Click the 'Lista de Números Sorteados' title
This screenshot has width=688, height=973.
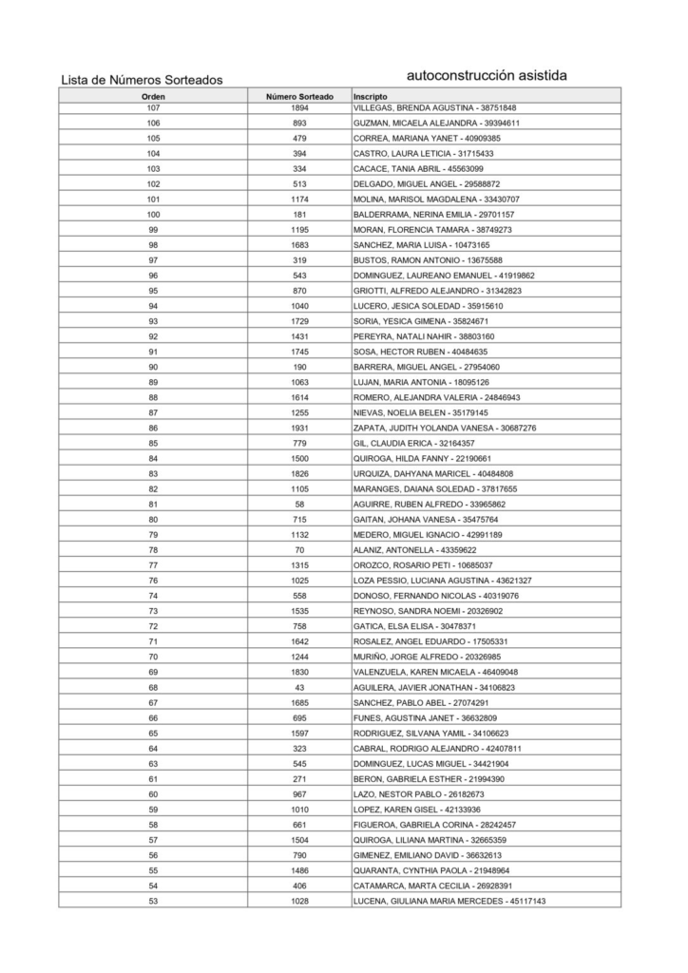click(x=142, y=80)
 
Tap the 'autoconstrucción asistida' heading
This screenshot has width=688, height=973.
click(x=487, y=74)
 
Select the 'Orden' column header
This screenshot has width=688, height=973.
click(x=153, y=97)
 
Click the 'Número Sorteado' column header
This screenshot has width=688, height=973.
click(x=299, y=97)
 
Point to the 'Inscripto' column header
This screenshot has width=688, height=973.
click(x=370, y=97)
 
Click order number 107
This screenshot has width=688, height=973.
click(x=153, y=107)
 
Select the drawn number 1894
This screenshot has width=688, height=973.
click(x=299, y=107)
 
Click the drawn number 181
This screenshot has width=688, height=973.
click(x=299, y=215)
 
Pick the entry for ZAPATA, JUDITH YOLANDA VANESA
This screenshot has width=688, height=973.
click(x=444, y=429)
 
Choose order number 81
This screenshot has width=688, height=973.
click(x=153, y=505)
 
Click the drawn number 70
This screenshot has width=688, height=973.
click(x=299, y=550)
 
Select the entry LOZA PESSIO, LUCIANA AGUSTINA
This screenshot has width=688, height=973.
click(x=442, y=581)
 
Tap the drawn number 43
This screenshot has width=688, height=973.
click(x=299, y=687)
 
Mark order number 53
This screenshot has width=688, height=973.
click(x=153, y=901)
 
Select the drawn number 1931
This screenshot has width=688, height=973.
click(x=299, y=429)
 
